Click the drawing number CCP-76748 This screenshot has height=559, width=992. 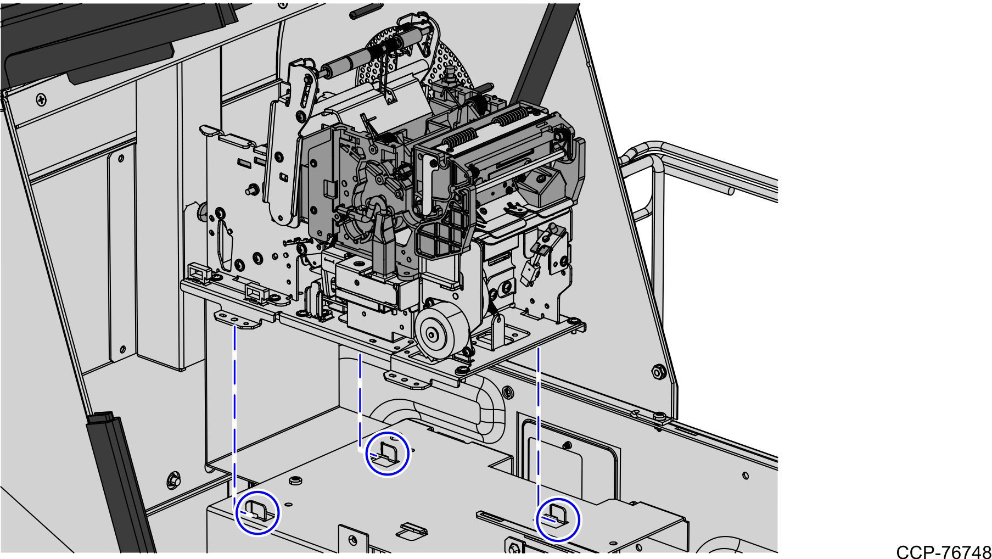click(943, 551)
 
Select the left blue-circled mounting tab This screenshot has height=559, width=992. click(257, 512)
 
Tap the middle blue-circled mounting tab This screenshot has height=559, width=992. click(388, 454)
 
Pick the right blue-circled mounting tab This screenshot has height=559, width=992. click(558, 519)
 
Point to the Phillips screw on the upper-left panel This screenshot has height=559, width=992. click(41, 100)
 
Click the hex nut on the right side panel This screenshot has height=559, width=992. click(658, 373)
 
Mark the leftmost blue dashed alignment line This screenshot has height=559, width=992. click(235, 412)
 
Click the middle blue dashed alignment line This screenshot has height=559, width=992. click(360, 401)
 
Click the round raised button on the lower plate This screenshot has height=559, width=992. click(295, 482)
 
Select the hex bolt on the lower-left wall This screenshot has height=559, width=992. click(173, 480)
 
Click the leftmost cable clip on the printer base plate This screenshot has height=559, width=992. click(200, 272)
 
